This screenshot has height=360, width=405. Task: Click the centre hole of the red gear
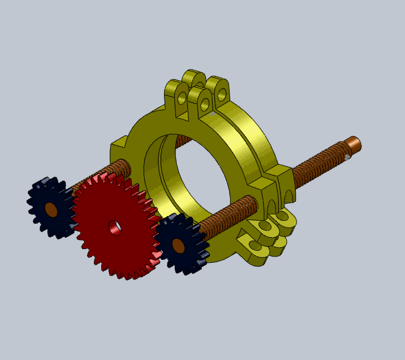coord(115,227)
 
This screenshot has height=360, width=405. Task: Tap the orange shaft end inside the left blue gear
coord(51,209)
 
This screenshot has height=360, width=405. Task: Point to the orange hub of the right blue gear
coord(178,246)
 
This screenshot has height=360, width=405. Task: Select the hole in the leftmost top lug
coord(182,97)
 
